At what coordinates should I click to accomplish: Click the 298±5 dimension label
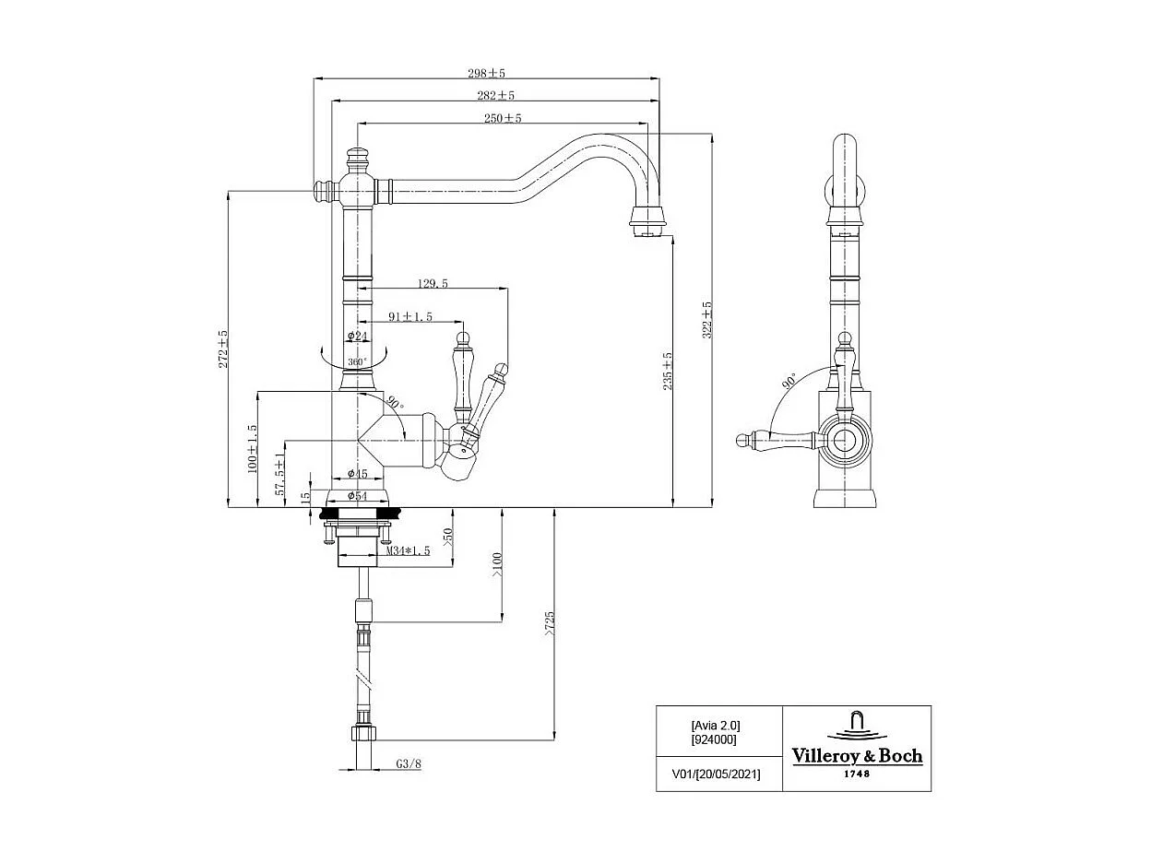pyautogui.click(x=489, y=72)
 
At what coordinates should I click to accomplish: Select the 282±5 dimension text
pyautogui.click(x=496, y=95)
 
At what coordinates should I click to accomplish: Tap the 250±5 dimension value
pyautogui.click(x=503, y=118)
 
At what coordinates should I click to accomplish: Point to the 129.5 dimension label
pyautogui.click(x=433, y=284)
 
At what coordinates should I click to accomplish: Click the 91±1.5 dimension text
pyautogui.click(x=410, y=316)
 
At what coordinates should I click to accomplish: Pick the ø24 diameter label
pyautogui.click(x=358, y=337)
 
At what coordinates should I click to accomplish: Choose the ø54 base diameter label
pyautogui.click(x=358, y=496)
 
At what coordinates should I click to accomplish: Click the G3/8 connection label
pyautogui.click(x=409, y=763)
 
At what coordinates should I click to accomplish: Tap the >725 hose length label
pyautogui.click(x=550, y=623)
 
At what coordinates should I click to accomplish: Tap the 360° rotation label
pyautogui.click(x=358, y=361)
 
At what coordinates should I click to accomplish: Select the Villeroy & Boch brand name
pyautogui.click(x=857, y=756)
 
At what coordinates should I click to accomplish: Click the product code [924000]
pyautogui.click(x=714, y=739)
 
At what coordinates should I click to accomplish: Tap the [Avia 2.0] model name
pyautogui.click(x=715, y=725)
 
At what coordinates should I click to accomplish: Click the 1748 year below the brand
pyautogui.click(x=857, y=774)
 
